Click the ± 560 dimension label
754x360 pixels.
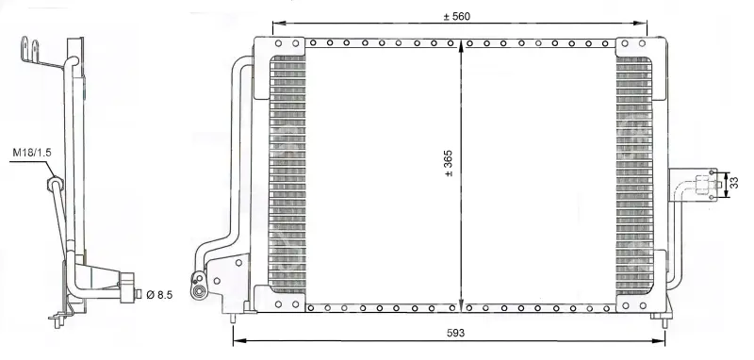pos(456,16)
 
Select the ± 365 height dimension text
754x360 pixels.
pos(449,163)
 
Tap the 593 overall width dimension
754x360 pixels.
pos(455,333)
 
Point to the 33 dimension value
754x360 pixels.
pos(734,183)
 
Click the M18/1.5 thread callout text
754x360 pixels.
pos(32,153)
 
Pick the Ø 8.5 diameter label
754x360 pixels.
pos(158,294)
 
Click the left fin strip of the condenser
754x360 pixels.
pos(287,174)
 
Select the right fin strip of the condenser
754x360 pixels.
pos(633,175)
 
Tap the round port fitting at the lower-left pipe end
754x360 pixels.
pos(198,291)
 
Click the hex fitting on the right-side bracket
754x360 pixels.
pos(704,184)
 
